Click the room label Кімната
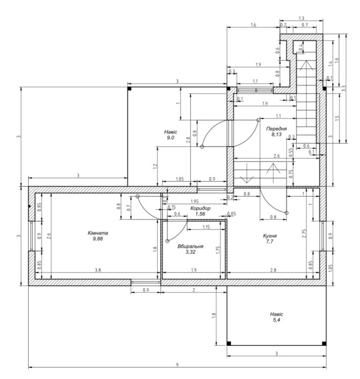tap(98, 233)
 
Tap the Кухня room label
tap(270, 235)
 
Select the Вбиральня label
tap(190, 246)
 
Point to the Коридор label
tap(200, 208)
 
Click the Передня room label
tap(277, 129)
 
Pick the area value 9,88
tap(98, 239)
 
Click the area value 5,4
tap(276, 320)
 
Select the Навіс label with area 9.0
tap(171, 132)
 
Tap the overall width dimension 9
tap(177, 365)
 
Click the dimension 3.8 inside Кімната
tap(98, 270)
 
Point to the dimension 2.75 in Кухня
tap(304, 233)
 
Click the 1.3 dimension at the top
tap(301, 18)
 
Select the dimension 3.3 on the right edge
tap(344, 88)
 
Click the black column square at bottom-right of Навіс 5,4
tap(324, 344)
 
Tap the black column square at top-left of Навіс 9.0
tap(129, 89)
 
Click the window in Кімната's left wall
tap(32, 236)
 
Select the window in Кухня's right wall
tap(323, 236)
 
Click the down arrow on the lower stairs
tap(247, 173)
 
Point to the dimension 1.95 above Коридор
tap(194, 201)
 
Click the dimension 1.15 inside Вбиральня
tap(206, 227)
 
